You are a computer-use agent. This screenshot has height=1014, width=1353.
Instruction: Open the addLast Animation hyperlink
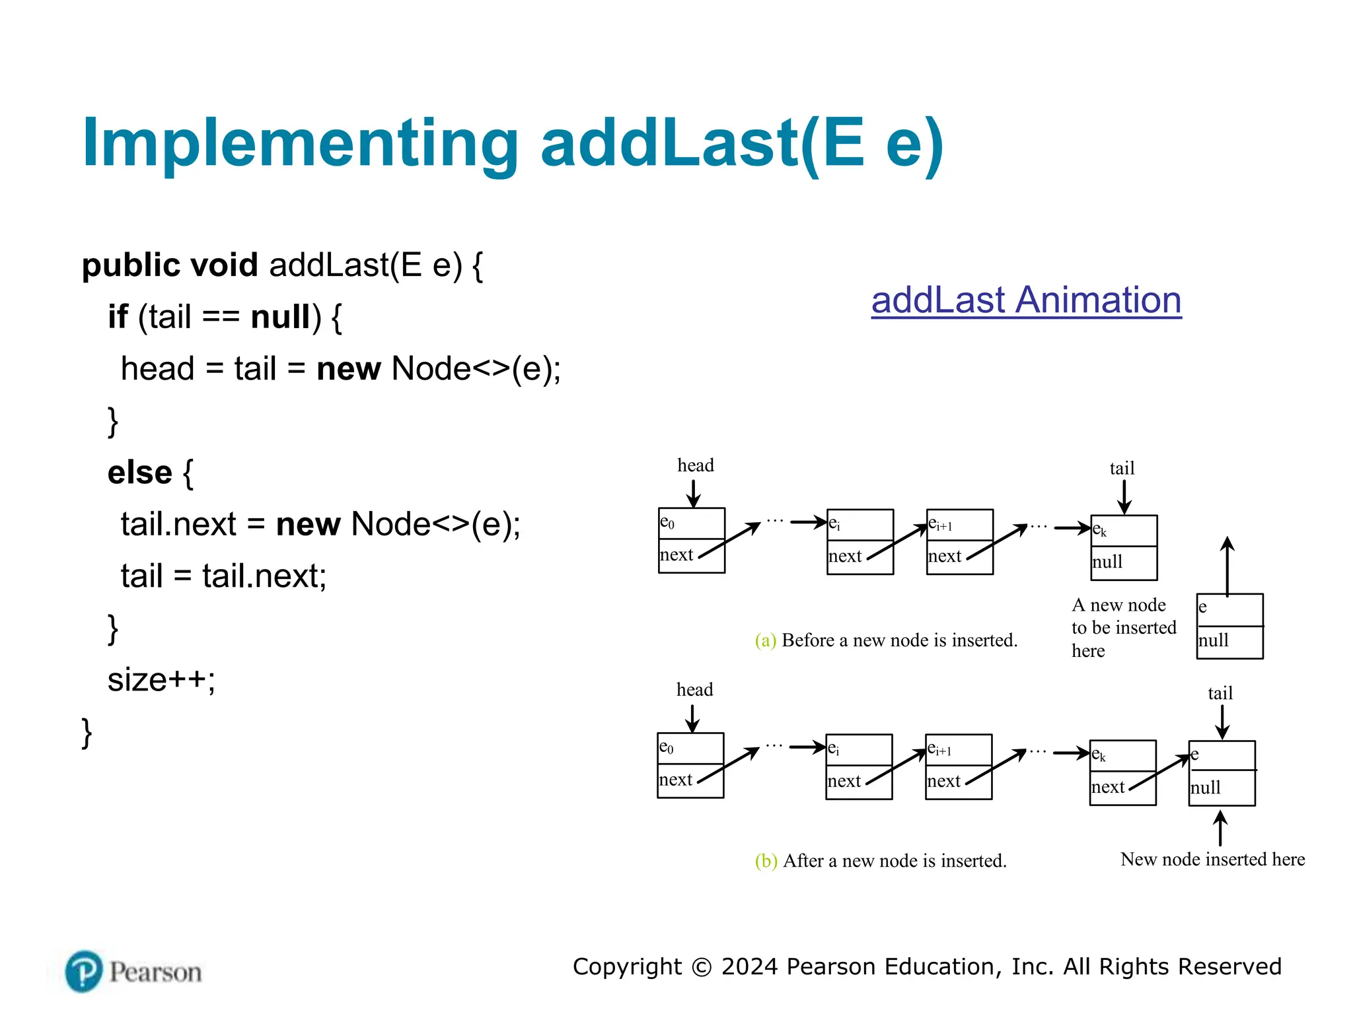click(x=1025, y=300)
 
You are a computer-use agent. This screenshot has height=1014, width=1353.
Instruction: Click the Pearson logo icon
click(x=84, y=971)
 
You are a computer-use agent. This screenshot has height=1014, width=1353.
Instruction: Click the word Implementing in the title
click(x=301, y=143)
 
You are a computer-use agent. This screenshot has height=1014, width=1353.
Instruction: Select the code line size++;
click(x=161, y=679)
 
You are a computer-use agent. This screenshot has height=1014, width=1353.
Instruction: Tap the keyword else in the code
click(x=139, y=473)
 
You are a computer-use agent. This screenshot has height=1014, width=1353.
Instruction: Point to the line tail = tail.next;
click(x=223, y=576)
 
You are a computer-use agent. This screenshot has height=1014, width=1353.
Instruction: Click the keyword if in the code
click(x=118, y=317)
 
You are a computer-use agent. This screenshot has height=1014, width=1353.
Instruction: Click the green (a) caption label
click(x=765, y=640)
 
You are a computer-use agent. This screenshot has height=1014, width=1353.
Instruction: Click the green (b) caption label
click(x=765, y=861)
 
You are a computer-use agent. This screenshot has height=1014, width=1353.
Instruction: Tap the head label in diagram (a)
click(x=695, y=465)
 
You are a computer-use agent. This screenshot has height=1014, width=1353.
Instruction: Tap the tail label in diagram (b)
click(x=1220, y=693)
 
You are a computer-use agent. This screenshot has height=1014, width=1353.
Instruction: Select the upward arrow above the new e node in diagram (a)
click(x=1227, y=566)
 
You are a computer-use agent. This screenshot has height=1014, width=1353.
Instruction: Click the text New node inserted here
click(x=1212, y=860)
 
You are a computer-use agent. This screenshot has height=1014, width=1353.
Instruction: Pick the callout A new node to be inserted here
click(x=1122, y=627)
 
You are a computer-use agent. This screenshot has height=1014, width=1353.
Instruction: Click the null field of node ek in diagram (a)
click(x=1123, y=563)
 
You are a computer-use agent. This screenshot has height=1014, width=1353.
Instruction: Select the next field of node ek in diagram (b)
click(x=1108, y=787)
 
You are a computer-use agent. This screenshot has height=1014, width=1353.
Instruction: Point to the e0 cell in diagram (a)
click(x=691, y=523)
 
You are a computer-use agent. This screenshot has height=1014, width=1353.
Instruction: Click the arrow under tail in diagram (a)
click(x=1124, y=497)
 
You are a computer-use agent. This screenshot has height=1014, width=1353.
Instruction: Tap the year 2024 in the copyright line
click(x=750, y=967)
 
